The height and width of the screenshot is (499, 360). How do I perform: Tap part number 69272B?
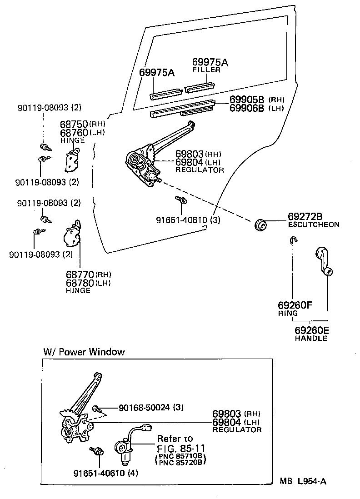(305, 216)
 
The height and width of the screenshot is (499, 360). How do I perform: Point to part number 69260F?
(295, 305)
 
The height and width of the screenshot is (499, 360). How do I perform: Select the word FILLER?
(206, 70)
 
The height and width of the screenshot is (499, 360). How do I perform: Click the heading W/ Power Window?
(84, 352)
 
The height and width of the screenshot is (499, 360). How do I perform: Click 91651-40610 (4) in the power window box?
(105, 473)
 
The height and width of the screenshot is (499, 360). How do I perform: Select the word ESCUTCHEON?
(314, 225)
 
